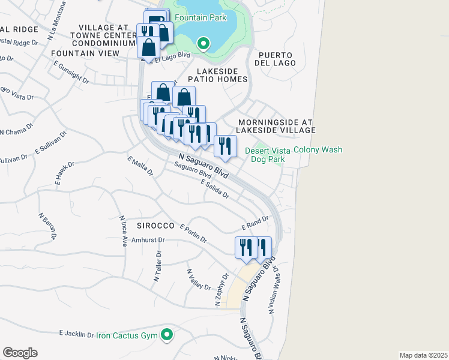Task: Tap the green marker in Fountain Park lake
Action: (x=203, y=43)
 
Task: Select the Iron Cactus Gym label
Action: (x=127, y=335)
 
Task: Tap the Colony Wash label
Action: (x=318, y=150)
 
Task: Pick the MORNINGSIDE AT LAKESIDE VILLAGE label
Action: (x=276, y=125)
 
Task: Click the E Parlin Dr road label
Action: (x=193, y=234)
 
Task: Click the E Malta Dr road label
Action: (x=140, y=166)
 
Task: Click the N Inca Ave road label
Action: (x=124, y=231)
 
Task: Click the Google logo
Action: (x=20, y=353)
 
